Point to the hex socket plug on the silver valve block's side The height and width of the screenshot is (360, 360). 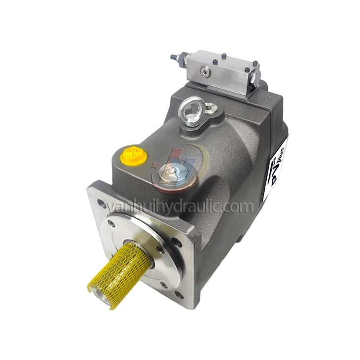coord(204,72)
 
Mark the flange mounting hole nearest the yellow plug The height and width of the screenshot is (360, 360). coord(101,203)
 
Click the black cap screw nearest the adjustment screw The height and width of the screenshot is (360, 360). coord(195,56)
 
